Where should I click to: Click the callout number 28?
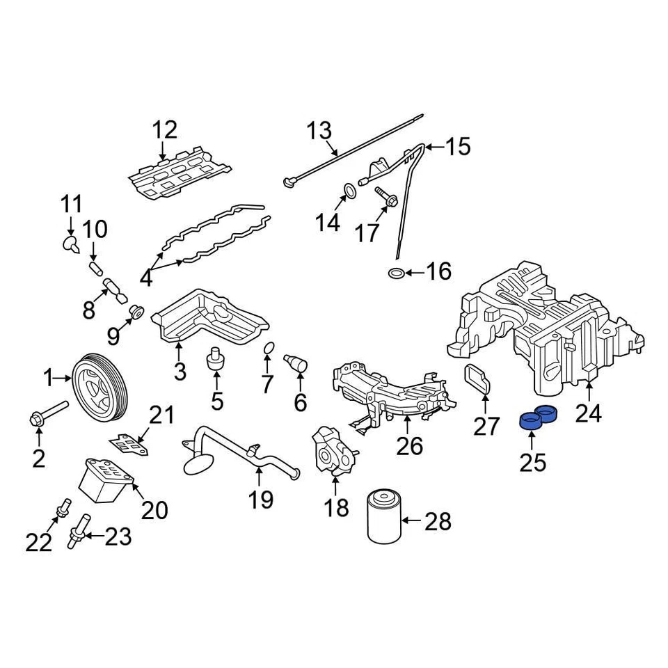(x=438, y=521)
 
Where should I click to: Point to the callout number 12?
(x=165, y=129)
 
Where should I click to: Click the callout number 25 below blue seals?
(x=533, y=462)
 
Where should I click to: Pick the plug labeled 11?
(x=70, y=243)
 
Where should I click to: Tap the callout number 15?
(x=458, y=147)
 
